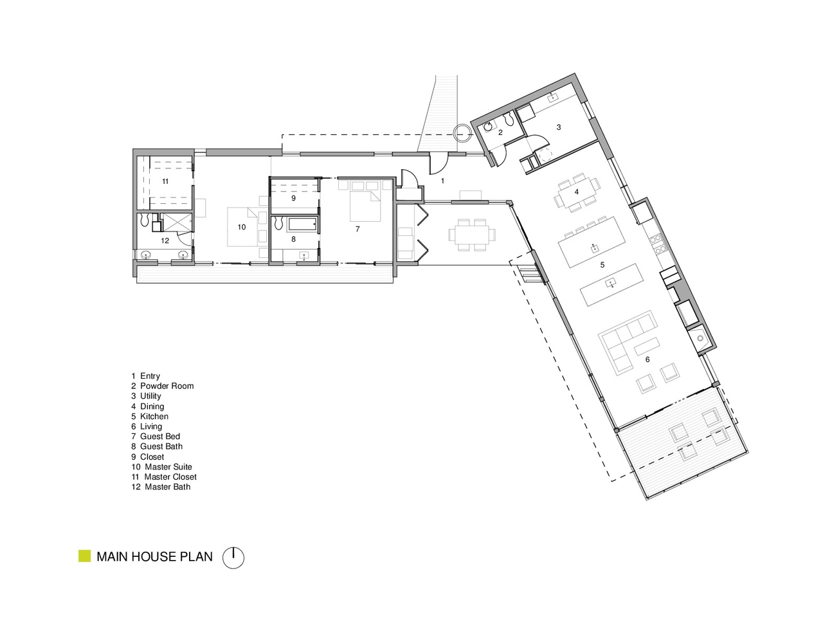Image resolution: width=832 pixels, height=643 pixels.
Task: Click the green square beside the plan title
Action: point(85,556)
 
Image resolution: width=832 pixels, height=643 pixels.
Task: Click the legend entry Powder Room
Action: point(162,386)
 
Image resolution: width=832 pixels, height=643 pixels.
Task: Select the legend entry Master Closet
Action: point(164,477)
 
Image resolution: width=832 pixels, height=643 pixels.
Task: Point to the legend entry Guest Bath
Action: point(157,446)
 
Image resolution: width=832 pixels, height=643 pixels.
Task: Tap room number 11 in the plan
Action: point(165,181)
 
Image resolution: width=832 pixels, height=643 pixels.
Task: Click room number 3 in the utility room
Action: point(559,127)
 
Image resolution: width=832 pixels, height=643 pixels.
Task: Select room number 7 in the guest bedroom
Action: point(357,229)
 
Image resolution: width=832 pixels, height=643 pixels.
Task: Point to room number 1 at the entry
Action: point(442,181)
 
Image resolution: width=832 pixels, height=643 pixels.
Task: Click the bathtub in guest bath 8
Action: point(302,224)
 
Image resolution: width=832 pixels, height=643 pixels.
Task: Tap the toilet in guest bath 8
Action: point(278,224)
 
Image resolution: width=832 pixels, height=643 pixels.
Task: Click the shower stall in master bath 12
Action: point(177,222)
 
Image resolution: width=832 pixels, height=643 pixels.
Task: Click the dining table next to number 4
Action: point(576,192)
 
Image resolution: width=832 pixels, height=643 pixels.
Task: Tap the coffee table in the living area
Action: point(647,346)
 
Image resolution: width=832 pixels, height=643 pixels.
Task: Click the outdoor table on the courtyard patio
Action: point(473,235)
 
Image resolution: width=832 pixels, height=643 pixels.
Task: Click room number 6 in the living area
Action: point(647,359)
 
